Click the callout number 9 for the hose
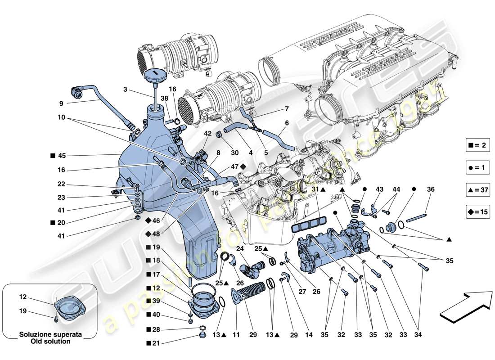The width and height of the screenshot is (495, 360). point(61,103)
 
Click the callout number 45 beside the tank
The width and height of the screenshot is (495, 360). point(62,156)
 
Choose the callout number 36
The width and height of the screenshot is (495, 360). point(431,189)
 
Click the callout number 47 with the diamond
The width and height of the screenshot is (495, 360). point(234,166)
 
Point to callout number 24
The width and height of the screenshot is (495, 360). point(239,248)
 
